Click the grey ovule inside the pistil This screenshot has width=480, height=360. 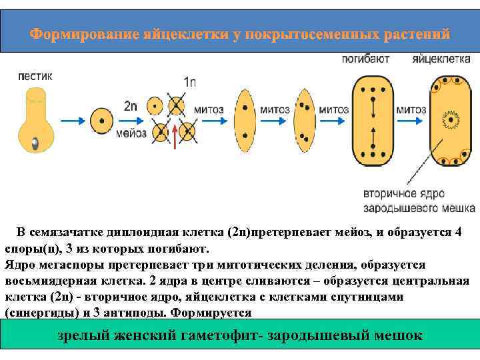pyautogui.click(x=35, y=142)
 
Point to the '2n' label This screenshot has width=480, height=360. pyautogui.click(x=131, y=105)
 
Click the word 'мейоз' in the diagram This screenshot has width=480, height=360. pyautogui.click(x=131, y=133)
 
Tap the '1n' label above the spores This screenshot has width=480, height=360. pyautogui.click(x=189, y=83)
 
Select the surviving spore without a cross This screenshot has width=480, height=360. pyautogui.click(x=155, y=105)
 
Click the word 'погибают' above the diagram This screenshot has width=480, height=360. pyautogui.click(x=366, y=59)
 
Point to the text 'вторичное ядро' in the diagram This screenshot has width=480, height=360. pyautogui.click(x=399, y=194)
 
